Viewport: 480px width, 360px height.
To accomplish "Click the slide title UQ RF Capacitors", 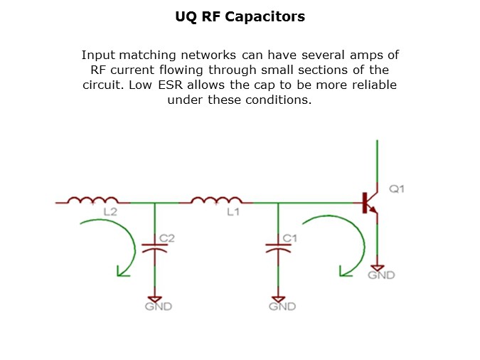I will coord(240,16).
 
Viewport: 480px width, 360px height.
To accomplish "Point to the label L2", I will coord(110,212).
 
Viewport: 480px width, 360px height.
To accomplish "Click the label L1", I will coord(233,212).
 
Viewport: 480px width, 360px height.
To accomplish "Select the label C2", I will coord(167,238).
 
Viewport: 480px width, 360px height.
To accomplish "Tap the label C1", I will coord(290,238).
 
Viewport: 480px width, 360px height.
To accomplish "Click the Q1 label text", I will coord(396,189).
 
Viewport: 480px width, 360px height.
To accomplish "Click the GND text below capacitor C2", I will coord(158,307).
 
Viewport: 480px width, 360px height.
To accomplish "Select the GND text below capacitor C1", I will coord(282,307).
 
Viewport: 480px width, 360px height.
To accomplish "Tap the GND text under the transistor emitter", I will coord(381,275).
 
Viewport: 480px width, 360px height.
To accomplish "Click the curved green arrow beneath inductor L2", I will coord(114,245).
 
